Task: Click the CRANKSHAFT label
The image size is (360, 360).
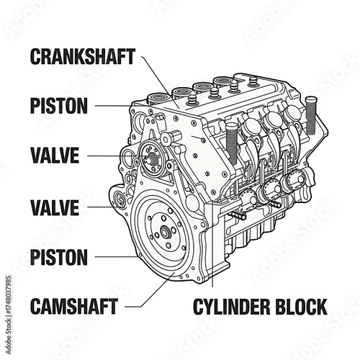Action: pos(82,57)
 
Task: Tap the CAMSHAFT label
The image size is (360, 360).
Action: pos(73,307)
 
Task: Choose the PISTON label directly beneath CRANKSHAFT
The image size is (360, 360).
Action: pos(59,106)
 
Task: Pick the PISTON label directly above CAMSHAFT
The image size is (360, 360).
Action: pos(59,257)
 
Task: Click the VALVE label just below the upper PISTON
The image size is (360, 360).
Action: pos(54,156)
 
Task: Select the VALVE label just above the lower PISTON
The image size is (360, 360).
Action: pos(54,208)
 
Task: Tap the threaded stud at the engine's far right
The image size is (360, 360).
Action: pos(311,115)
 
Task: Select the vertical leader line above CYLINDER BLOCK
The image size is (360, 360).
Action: pos(213,252)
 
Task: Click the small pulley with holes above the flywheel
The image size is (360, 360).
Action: pos(152,154)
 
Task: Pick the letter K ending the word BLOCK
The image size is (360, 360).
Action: pos(320,307)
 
